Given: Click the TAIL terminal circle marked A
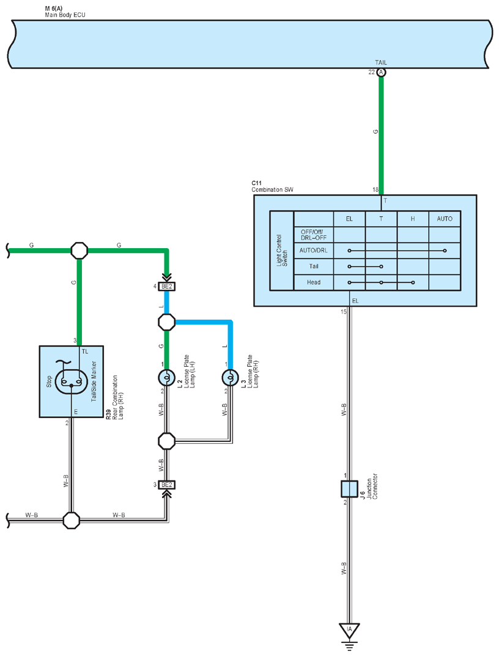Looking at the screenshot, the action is pyautogui.click(x=381, y=73).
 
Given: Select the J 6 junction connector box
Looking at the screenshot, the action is pyautogui.click(x=349, y=489).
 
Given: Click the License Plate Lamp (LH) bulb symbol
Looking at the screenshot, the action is pyautogui.click(x=166, y=378).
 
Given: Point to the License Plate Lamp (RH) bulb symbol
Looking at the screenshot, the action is pyautogui.click(x=230, y=378).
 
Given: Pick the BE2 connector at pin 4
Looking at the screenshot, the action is pyautogui.click(x=166, y=287).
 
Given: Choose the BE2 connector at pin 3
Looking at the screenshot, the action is pyautogui.click(x=166, y=485).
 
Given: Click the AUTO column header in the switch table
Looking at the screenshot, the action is pyautogui.click(x=445, y=219).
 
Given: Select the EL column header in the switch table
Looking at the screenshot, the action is pyautogui.click(x=349, y=219).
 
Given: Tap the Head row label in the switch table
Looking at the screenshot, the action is pyautogui.click(x=314, y=282).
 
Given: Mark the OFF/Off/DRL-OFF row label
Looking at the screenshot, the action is pyautogui.click(x=313, y=235).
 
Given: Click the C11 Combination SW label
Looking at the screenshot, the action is pyautogui.click(x=273, y=186).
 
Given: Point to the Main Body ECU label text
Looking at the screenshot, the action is pyautogui.click(x=65, y=15).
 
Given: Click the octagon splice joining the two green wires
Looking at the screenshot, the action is pyautogui.click(x=79, y=251).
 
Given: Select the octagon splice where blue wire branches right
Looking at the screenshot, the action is pyautogui.click(x=166, y=322).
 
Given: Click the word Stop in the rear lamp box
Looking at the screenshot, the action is pyautogui.click(x=49, y=381).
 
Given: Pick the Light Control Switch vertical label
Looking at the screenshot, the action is pyautogui.click(x=282, y=250).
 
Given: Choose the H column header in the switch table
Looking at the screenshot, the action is pyautogui.click(x=413, y=219).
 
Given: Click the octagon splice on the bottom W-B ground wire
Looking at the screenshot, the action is pyautogui.click(x=72, y=520).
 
